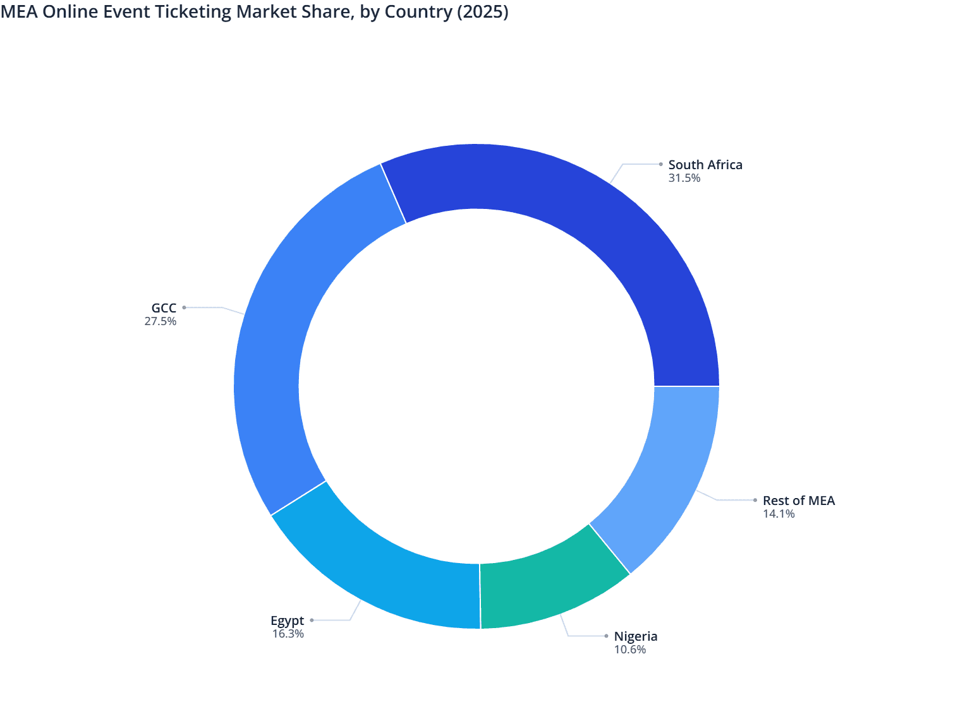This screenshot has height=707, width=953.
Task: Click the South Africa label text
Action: pos(705,165)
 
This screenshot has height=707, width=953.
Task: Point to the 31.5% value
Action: pos(684,178)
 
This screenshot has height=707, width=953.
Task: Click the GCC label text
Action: pos(164,308)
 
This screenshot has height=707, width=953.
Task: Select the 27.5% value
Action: pos(161,321)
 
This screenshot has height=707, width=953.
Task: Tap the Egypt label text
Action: pos(287,621)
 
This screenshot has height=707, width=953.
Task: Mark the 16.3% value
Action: pos(288,634)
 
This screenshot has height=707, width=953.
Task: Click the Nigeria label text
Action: pos(636,636)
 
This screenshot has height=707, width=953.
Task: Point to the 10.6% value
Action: pos(630,650)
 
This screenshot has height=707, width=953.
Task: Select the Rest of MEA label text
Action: pos(799,501)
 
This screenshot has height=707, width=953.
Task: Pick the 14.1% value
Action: pos(779,514)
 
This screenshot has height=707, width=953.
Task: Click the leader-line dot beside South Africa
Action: pos(660,164)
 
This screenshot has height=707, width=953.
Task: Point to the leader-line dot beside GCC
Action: pos(185,307)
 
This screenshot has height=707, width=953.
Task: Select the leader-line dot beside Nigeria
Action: pos(606,636)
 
